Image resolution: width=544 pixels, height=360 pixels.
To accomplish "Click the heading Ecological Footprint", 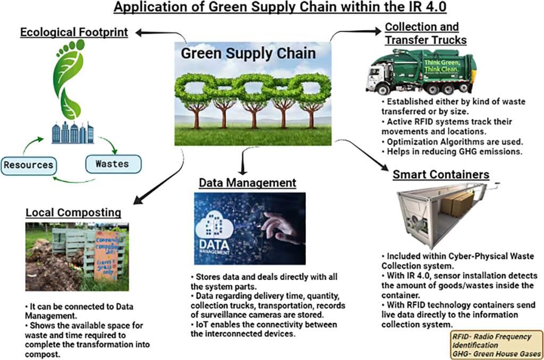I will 74,32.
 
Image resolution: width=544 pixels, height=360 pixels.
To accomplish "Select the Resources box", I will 28,165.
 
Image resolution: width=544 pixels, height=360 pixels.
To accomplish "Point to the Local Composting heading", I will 73,213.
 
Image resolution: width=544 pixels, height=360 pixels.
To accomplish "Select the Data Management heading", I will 248,183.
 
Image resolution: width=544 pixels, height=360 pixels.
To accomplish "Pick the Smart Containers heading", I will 441,174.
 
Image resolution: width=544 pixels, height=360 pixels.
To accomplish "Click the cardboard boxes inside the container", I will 456,204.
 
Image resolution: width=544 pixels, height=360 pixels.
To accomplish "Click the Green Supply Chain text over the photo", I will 248,54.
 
